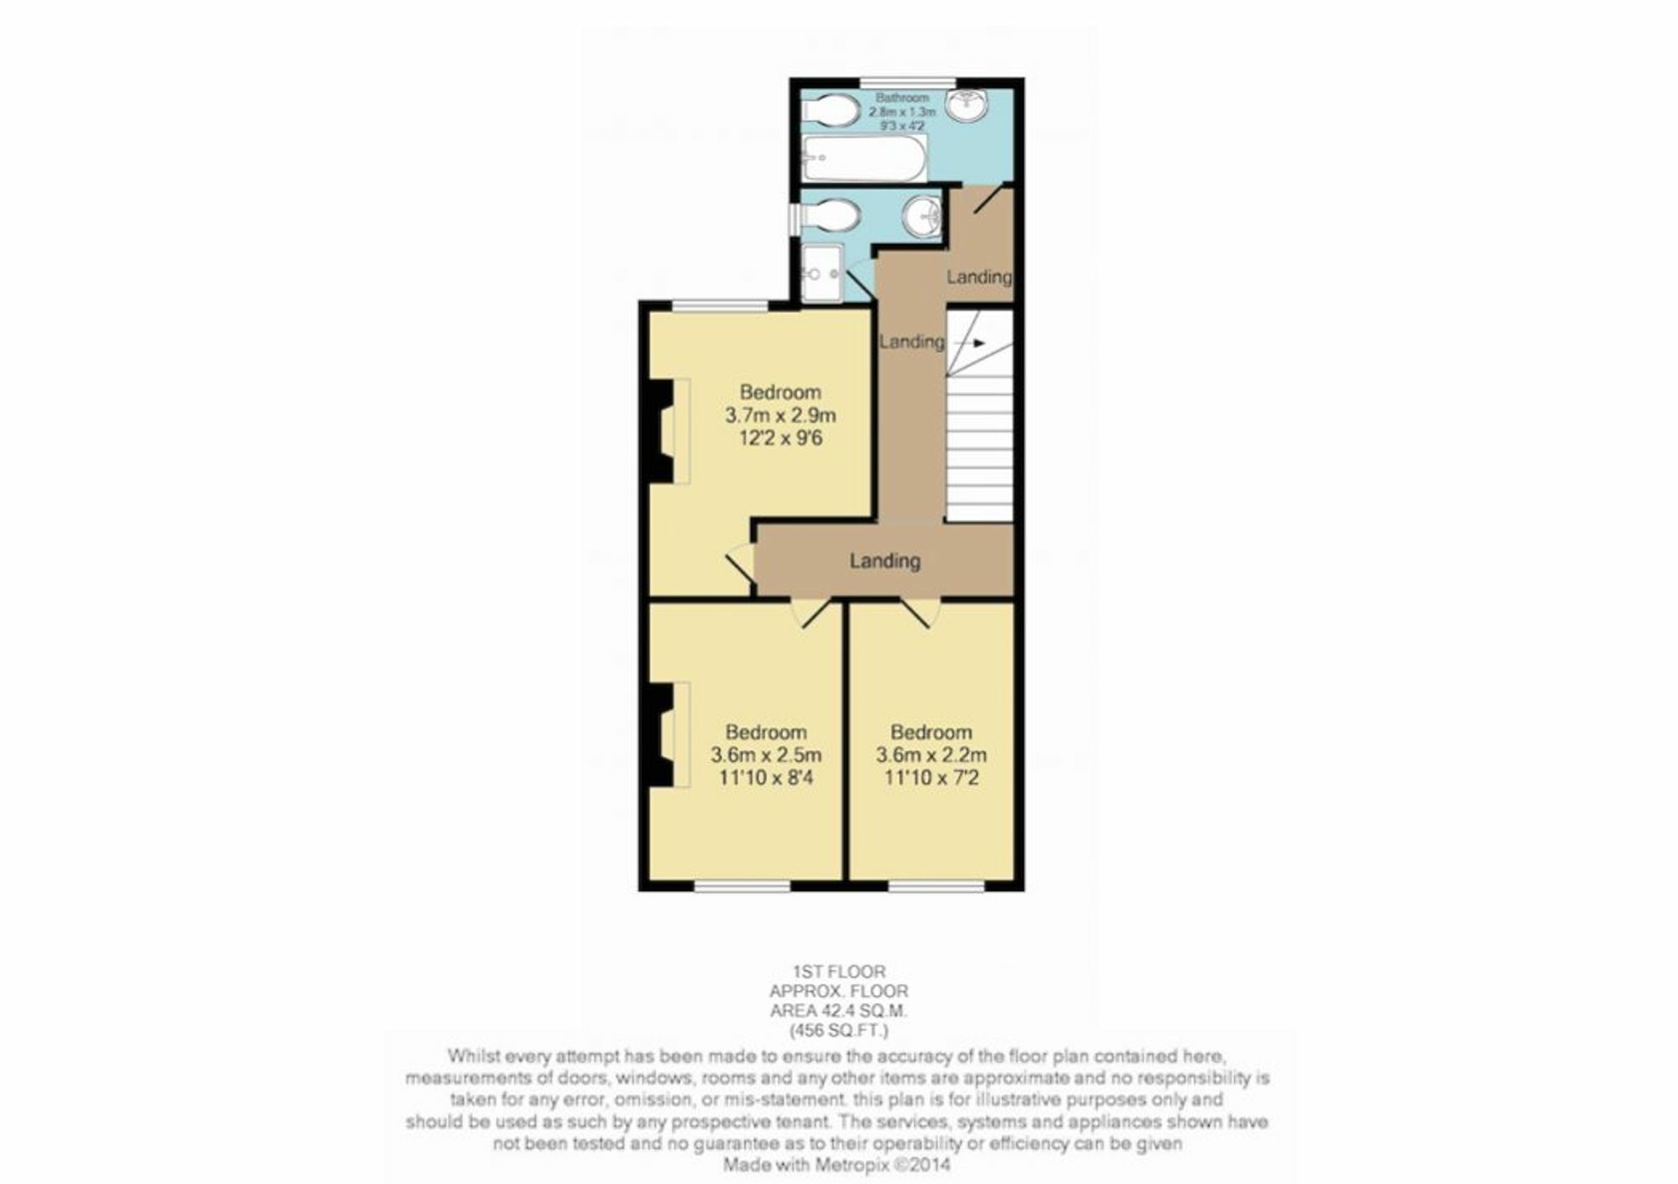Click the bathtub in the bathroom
[865, 158]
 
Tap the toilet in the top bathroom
[829, 110]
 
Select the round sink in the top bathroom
[967, 104]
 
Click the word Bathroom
[902, 97]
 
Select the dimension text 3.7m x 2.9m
[780, 415]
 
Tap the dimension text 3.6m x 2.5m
[766, 754]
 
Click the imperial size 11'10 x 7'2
[931, 778]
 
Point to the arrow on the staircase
[970, 343]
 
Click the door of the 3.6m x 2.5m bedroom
[812, 613]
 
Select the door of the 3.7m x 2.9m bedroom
[741, 563]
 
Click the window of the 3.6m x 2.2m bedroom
[936, 884]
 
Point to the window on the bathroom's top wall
[908, 82]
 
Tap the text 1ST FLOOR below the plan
[839, 972]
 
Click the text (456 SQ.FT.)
[839, 1030]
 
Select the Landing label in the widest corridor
[885, 561]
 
